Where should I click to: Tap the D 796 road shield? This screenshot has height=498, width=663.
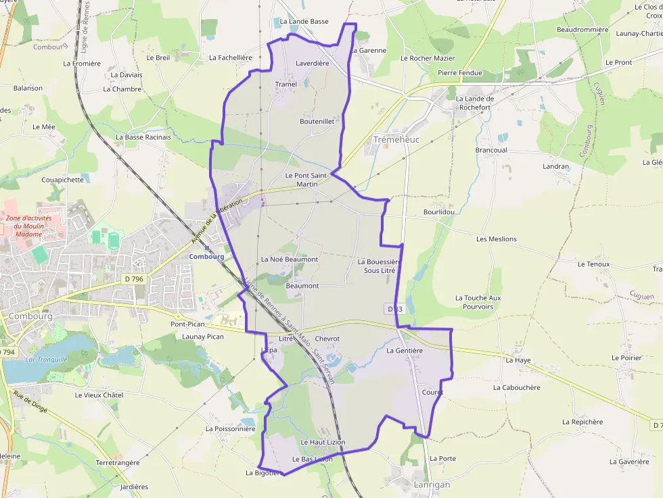(x=134, y=278)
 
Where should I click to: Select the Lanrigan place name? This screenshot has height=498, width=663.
(x=431, y=484)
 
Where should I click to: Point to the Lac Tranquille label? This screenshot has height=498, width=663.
(x=46, y=359)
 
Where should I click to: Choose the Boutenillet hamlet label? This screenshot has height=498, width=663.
(x=317, y=122)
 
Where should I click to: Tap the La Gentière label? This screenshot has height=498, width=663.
(x=405, y=351)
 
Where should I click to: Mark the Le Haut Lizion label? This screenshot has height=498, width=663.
(x=323, y=442)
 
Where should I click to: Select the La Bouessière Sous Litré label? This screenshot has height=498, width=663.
(x=380, y=266)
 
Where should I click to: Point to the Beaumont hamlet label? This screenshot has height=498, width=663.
(x=302, y=286)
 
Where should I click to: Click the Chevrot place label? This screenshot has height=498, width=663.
(x=327, y=339)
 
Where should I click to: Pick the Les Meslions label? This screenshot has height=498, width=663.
(x=496, y=239)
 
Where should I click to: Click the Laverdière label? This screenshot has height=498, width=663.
(x=313, y=64)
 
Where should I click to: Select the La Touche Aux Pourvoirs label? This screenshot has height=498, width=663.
(x=478, y=302)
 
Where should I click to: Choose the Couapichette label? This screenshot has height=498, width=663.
(x=62, y=180)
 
